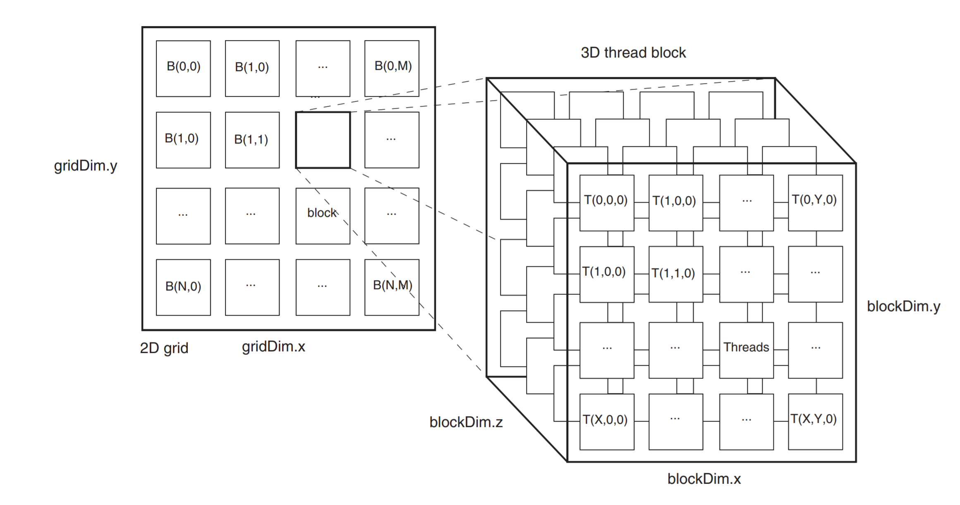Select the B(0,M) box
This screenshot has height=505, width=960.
[x=392, y=68]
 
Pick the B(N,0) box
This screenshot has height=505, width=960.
[x=183, y=287]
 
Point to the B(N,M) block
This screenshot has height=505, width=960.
[x=392, y=287]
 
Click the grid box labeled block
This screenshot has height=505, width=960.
[x=323, y=215]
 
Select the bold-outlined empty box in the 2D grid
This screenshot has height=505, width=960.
[x=323, y=140]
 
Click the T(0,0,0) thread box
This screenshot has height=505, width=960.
[x=606, y=203]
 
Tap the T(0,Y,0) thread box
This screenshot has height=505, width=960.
[x=815, y=203]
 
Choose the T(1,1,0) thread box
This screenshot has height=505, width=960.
[x=675, y=274]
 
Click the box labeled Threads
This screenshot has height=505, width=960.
[x=746, y=350]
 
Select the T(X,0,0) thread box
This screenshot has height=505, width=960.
[x=606, y=421]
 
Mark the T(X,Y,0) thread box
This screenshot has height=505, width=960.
[x=815, y=421]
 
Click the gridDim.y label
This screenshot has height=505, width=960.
[x=86, y=166]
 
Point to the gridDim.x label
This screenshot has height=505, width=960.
[x=273, y=347]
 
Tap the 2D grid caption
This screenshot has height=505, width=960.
[x=164, y=348]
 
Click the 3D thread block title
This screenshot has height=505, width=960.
[x=633, y=53]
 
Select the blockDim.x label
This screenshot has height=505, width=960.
[x=704, y=479]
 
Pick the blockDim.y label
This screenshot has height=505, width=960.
[x=903, y=306]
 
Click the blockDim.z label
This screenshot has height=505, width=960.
[x=466, y=422]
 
